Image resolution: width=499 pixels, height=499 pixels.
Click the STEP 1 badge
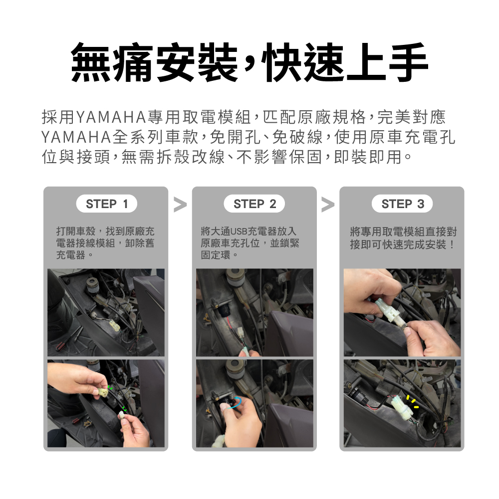coord(107,204)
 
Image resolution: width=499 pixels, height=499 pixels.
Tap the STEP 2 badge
coord(254,204)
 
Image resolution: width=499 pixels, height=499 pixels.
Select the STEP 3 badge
coord(402,204)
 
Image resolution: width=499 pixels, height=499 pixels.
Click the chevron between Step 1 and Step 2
coord(180,205)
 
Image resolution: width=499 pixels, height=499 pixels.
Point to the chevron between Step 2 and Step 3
coord(328,205)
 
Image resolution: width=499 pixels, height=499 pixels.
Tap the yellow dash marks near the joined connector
coord(413,402)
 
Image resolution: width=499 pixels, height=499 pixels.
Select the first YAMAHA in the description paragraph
coord(111,117)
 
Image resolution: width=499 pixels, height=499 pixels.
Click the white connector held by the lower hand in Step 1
coord(122,415)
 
